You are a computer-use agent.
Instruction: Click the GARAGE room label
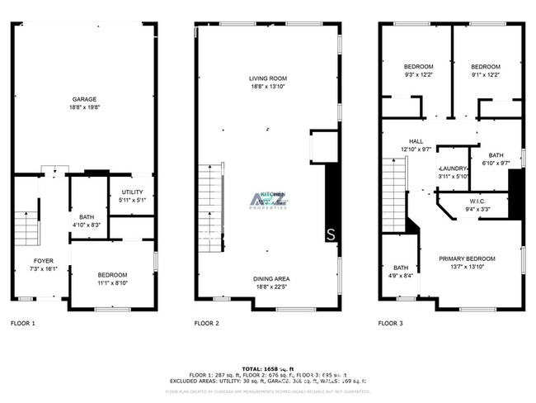[x=85, y=98]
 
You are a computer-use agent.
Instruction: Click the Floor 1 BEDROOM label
[x=113, y=274]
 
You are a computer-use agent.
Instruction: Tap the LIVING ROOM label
[x=268, y=78]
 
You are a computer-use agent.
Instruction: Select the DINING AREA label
[x=270, y=278]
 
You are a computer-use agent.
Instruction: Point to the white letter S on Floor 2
[x=331, y=233]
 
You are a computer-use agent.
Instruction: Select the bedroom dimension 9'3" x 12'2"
[x=418, y=75]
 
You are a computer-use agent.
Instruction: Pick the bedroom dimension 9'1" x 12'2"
[x=486, y=75]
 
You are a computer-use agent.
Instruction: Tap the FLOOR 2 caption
[x=206, y=323]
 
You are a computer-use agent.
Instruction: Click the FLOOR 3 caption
[x=391, y=323]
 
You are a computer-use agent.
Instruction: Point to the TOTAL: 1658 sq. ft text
[x=268, y=368]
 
